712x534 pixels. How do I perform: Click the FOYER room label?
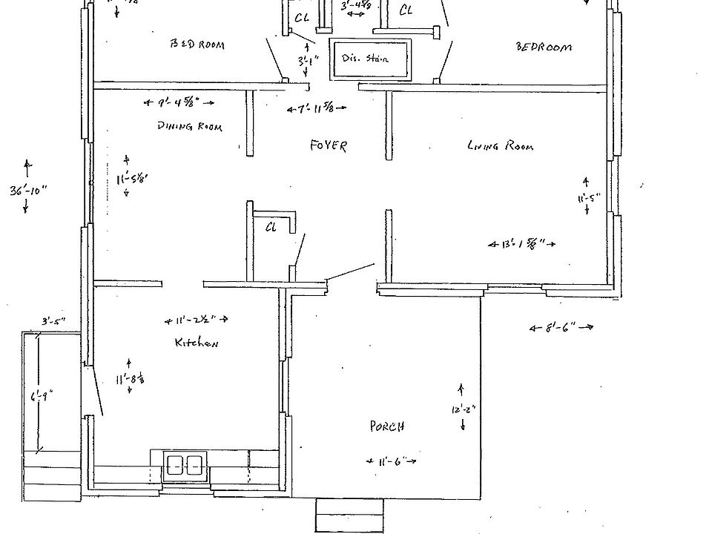[x=328, y=146]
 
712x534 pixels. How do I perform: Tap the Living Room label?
[x=500, y=146]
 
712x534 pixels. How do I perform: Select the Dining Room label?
[x=189, y=127]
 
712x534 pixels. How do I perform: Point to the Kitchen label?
[x=196, y=343]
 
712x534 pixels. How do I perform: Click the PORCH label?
[x=387, y=426]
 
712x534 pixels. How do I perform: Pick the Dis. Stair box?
[x=370, y=59]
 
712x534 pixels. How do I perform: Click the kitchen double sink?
[x=185, y=465]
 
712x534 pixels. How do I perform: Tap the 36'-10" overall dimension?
[x=28, y=190]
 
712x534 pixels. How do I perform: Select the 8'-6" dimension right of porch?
[x=561, y=326]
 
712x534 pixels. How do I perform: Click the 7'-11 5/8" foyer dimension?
[x=317, y=109]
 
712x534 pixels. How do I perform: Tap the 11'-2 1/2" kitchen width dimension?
[x=195, y=320]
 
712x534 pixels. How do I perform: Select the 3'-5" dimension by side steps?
[x=53, y=321]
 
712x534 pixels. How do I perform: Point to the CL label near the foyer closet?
[x=271, y=228]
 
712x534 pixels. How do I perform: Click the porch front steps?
[x=349, y=515]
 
